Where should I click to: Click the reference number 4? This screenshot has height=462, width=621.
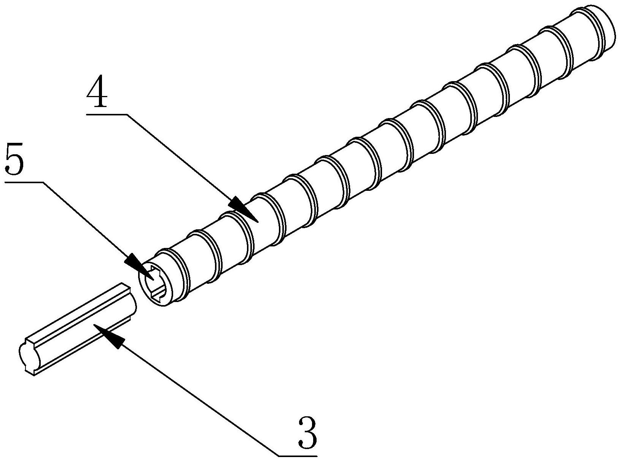[97, 91]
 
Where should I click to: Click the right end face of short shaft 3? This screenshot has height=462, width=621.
[133, 301]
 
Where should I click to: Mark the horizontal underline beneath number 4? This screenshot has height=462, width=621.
[107, 113]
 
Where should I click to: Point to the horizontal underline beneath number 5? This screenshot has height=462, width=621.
[23, 182]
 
